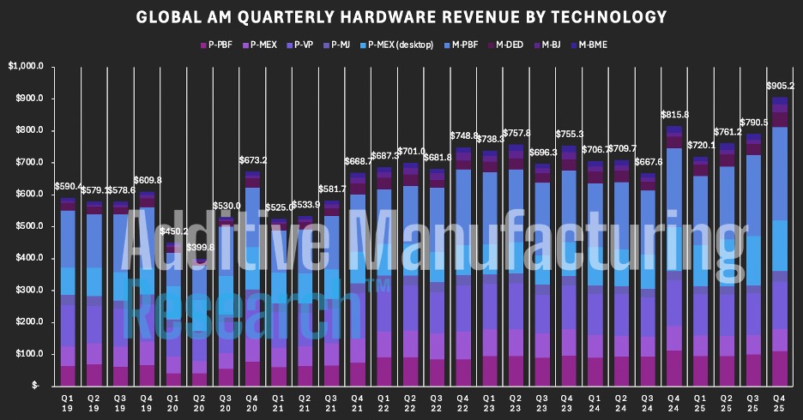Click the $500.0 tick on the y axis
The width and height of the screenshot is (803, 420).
(x=33, y=226)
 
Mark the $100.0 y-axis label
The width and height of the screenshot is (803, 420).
(x=33, y=354)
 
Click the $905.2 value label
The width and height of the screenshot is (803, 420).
(x=780, y=86)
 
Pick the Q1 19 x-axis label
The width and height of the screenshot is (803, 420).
(x=68, y=403)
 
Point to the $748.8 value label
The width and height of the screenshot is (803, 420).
(x=464, y=135)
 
